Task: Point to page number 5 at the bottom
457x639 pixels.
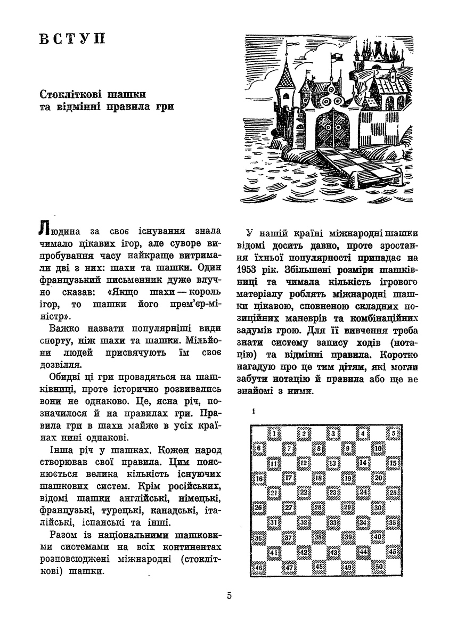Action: [x=228, y=596]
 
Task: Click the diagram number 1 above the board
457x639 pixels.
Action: [x=255, y=411]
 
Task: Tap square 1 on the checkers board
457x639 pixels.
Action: [x=273, y=433]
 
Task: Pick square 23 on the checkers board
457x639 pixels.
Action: [x=333, y=493]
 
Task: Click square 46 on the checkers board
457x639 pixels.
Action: [x=259, y=567]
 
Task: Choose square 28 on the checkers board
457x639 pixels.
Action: [x=318, y=507]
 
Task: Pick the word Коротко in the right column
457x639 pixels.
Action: [x=398, y=353]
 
